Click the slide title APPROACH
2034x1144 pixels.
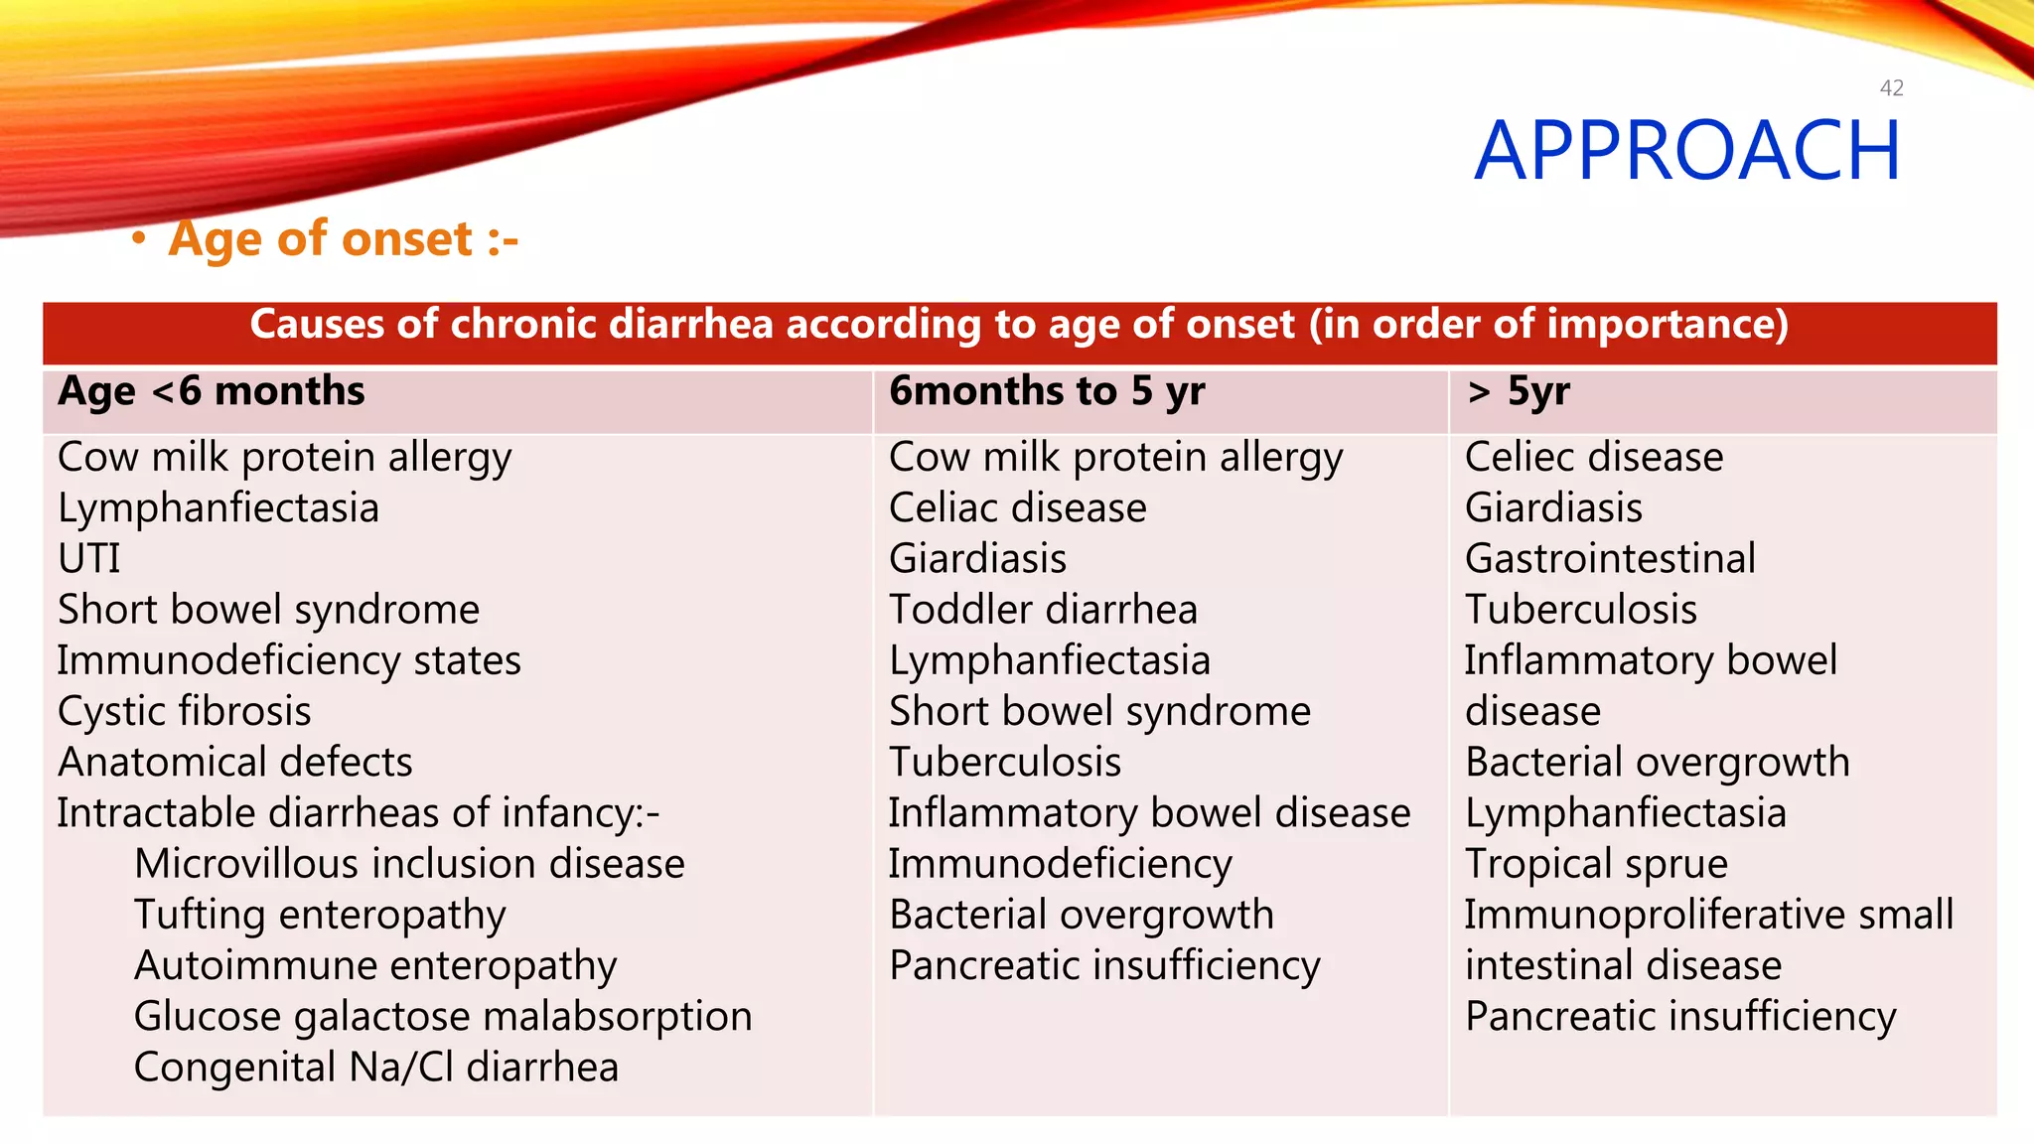[x=1686, y=151]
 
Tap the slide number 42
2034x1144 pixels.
[x=1891, y=88]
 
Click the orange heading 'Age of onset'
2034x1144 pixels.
[x=343, y=239]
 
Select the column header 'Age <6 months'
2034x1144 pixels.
[x=212, y=391]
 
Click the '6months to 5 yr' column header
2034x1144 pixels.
[x=1046, y=391]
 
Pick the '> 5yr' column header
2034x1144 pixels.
[x=1519, y=391]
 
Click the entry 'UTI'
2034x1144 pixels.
[x=89, y=559]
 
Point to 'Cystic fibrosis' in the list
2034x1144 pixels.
[x=185, y=711]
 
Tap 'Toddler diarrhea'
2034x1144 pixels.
[x=1043, y=610]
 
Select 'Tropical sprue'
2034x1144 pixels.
[x=1596, y=864]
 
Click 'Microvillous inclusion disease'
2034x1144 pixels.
[x=409, y=864]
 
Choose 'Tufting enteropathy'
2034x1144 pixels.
[x=320, y=915]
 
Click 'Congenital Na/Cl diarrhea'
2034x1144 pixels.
[x=376, y=1068]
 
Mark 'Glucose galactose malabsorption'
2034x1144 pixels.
[x=443, y=1017]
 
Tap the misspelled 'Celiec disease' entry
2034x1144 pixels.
[x=1594, y=458]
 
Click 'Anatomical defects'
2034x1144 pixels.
[x=235, y=763]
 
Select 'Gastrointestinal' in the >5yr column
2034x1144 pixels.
[x=1610, y=559]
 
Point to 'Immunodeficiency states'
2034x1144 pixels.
[x=289, y=661]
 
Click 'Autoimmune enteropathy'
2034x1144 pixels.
[x=375, y=966]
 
